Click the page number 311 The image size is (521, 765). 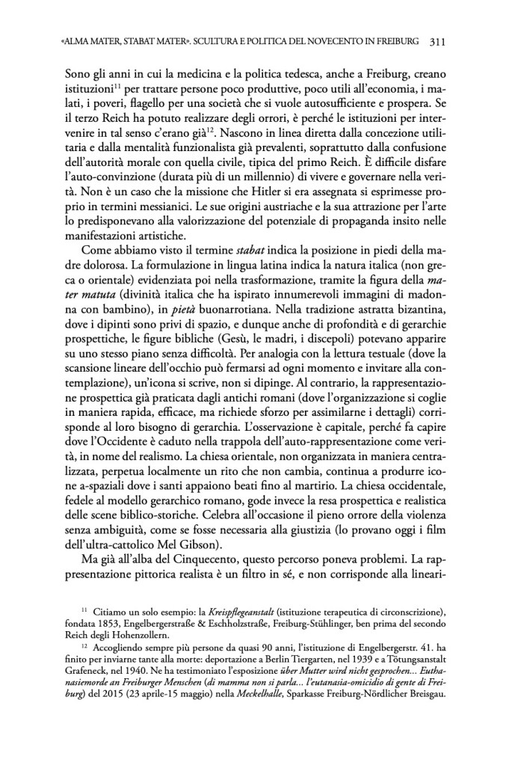(438, 42)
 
